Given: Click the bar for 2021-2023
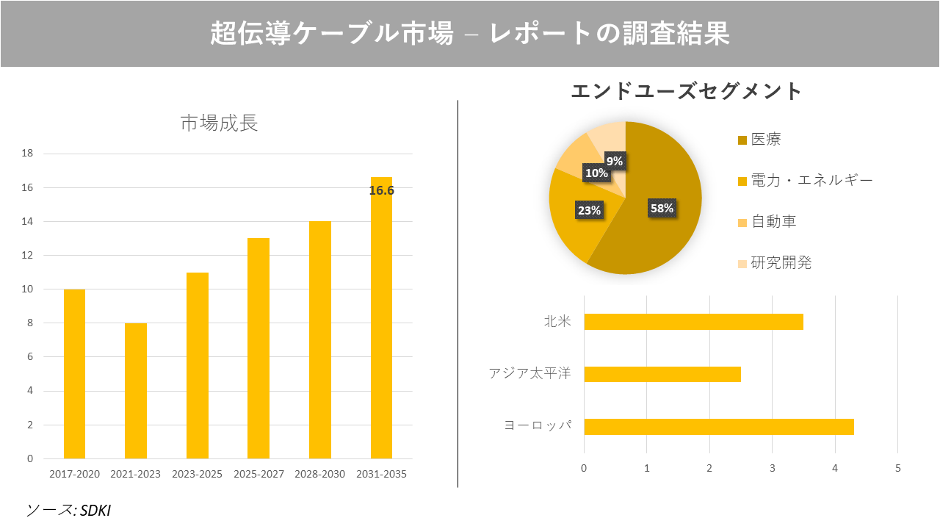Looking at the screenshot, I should (x=136, y=391).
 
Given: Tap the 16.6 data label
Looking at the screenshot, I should (x=381, y=190).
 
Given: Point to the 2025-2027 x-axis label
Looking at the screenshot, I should (x=258, y=475).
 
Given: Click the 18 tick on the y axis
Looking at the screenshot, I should (x=27, y=154).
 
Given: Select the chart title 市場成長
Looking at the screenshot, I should (x=219, y=123).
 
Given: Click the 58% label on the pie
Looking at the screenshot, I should (x=662, y=208).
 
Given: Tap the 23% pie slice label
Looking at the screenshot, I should (x=589, y=210).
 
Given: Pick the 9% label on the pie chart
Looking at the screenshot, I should (x=615, y=161).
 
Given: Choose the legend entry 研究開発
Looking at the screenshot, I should (x=781, y=263).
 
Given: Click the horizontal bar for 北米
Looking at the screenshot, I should (x=693, y=322).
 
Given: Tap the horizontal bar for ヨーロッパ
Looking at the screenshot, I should (x=718, y=427).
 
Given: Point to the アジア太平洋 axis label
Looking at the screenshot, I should (x=529, y=374).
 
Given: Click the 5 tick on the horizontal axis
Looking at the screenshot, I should (x=897, y=468).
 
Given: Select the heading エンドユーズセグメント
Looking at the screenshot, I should (x=687, y=92).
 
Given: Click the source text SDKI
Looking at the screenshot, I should (x=95, y=510).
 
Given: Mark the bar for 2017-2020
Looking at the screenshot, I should (x=74, y=374).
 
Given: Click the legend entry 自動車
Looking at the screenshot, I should (x=773, y=222).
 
